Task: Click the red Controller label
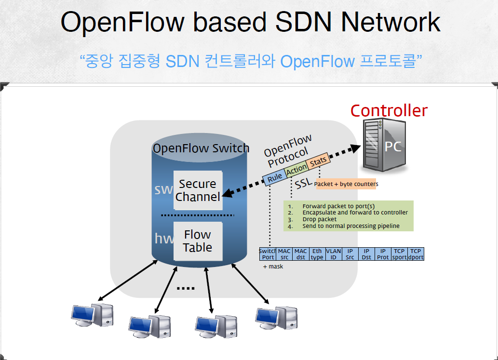389,111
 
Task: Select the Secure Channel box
198,190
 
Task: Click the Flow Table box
198,241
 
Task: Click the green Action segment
296,169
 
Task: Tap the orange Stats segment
318,161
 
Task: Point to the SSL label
304,184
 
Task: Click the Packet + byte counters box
346,184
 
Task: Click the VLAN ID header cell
334,254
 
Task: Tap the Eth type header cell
317,254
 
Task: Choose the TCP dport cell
415,254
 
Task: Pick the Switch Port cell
268,254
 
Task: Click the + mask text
273,266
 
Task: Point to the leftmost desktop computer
92,315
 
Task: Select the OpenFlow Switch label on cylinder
201,148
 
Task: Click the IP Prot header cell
383,254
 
